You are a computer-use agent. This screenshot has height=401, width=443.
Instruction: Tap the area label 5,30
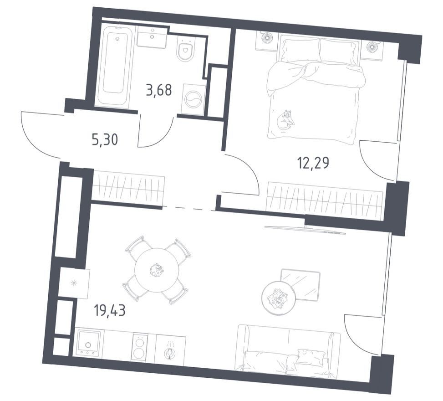click(x=105, y=140)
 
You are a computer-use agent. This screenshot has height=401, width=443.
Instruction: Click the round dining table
click(x=157, y=270)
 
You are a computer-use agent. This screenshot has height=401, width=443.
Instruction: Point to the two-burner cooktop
click(x=139, y=347)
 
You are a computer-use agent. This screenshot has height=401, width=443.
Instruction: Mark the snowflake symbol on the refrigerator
click(x=73, y=283)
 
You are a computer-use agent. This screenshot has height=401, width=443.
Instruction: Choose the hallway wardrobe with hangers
click(x=128, y=186)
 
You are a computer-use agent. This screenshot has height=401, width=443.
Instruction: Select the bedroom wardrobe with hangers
click(x=325, y=201)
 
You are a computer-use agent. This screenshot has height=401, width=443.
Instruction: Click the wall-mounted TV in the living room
click(x=306, y=230)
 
